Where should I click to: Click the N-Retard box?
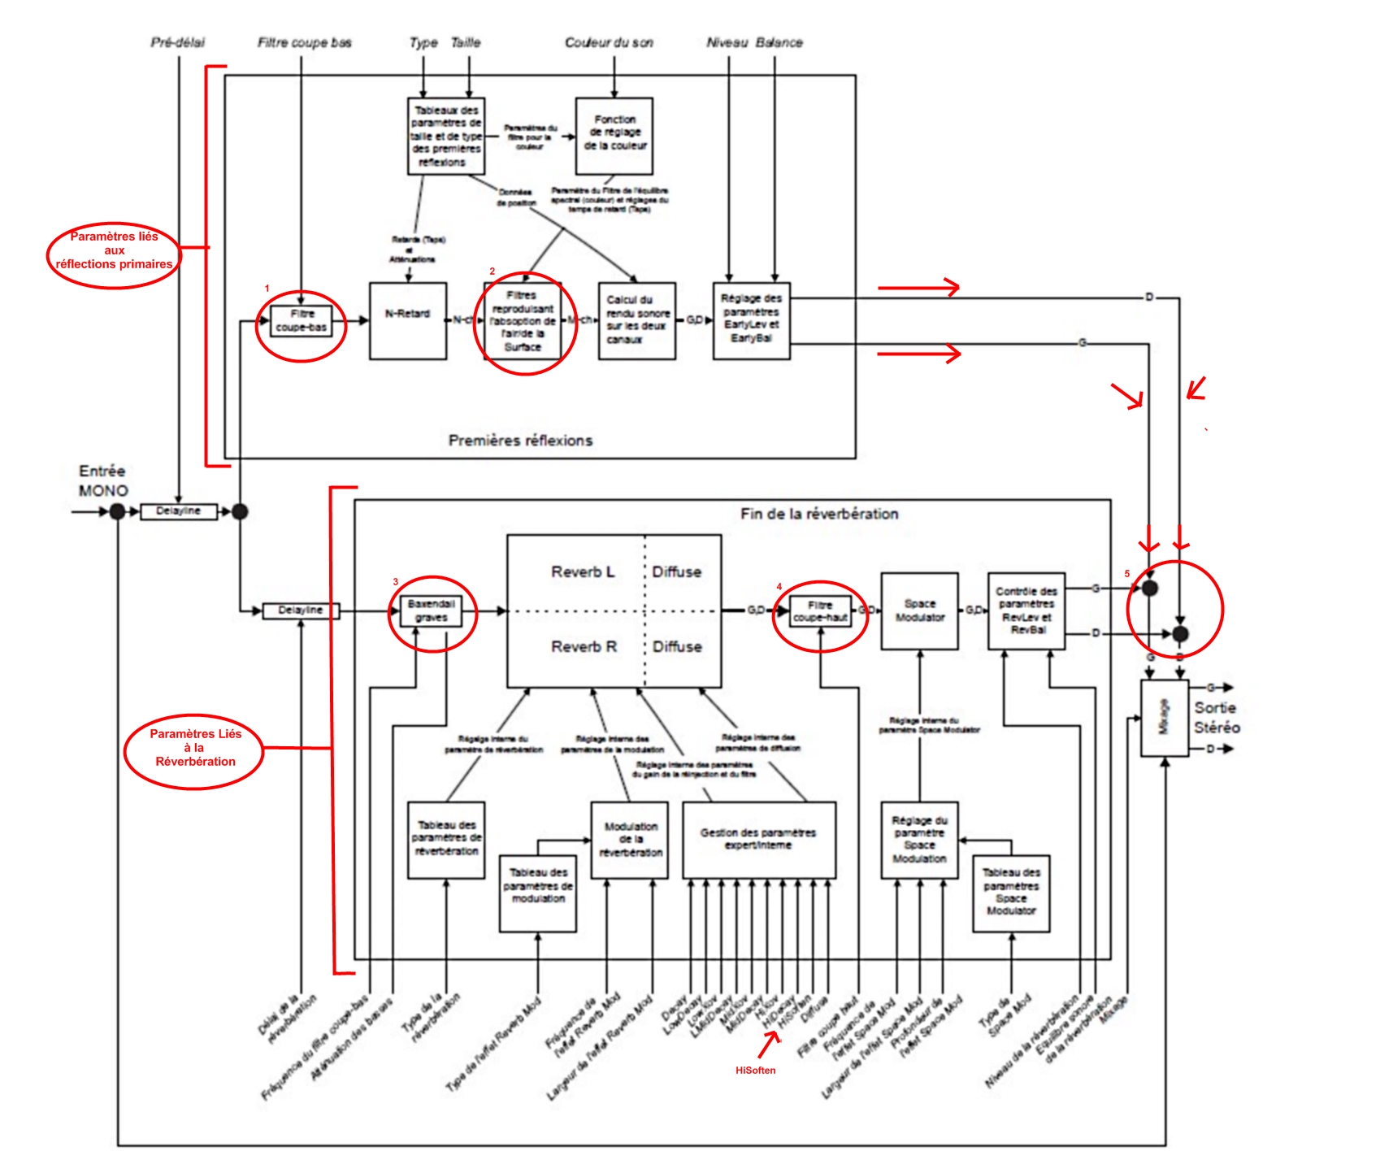pos(408,320)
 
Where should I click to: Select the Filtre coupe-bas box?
pos(302,320)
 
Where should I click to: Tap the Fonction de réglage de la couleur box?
pos(614,136)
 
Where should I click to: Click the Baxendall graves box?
pos(432,610)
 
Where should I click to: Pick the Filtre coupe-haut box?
pos(821,610)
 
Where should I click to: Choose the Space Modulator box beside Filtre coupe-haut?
pos(920,610)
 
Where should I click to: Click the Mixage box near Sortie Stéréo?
pos(1164,718)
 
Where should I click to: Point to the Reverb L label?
pos(583,572)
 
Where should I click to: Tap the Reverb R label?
pos(584,647)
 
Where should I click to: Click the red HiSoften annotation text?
pos(755,1071)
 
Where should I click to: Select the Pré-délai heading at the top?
pos(178,42)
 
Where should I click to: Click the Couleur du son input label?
pos(609,42)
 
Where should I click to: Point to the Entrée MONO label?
pos(103,480)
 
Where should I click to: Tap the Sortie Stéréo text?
pos(1216,718)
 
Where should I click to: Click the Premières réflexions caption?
pos(520,441)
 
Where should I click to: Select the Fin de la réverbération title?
pos(819,514)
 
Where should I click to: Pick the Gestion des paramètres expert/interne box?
pos(758,840)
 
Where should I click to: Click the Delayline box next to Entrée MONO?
pos(179,511)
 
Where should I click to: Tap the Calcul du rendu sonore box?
pos(637,320)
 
